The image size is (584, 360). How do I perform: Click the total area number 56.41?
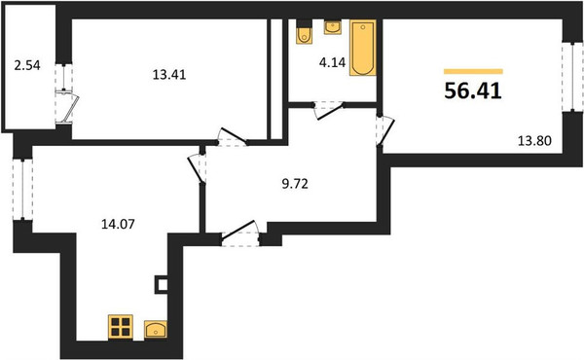coord(473,90)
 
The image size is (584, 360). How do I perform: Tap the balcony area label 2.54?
coord(27,65)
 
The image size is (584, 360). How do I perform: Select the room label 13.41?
coord(169,75)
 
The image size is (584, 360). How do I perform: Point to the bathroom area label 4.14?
coord(332,62)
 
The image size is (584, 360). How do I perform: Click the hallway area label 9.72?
coord(295,184)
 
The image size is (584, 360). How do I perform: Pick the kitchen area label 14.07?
coord(118,224)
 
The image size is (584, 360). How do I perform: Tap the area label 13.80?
coord(534,141)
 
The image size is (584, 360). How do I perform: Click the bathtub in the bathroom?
coord(363,48)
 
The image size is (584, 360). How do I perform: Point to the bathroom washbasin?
coord(333,27)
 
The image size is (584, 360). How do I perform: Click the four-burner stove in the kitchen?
coord(121,327)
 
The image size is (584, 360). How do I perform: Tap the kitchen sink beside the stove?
coord(156,330)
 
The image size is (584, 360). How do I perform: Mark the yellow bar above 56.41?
coord(473,71)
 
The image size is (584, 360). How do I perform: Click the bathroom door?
coord(329,112)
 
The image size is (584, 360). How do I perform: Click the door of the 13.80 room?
coord(385,130)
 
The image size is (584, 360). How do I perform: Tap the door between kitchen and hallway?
coord(198,168)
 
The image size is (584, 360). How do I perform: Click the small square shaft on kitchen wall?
coord(162,285)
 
